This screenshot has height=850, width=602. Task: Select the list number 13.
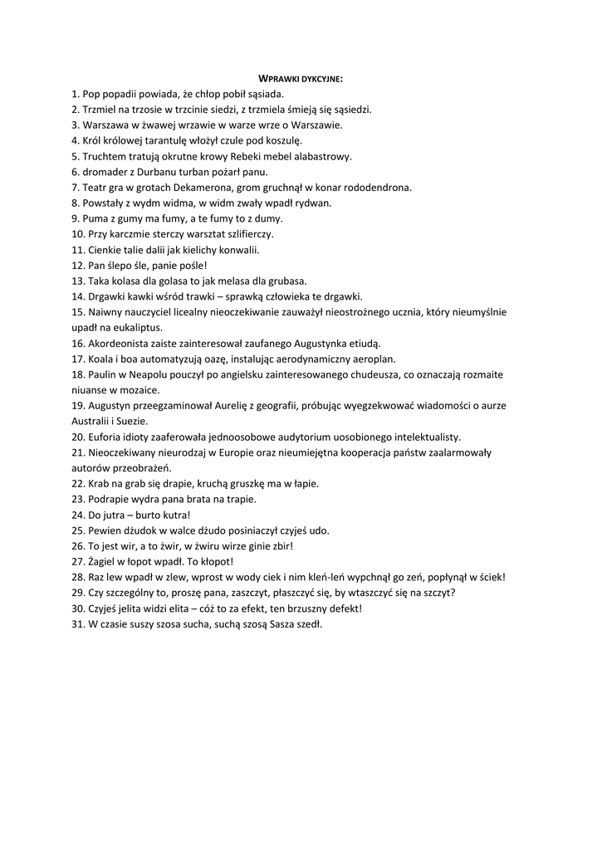pyautogui.click(x=77, y=281)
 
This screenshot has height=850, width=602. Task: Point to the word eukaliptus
pyautogui.click(x=126, y=328)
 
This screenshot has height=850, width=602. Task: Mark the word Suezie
pyautogui.click(x=131, y=421)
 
